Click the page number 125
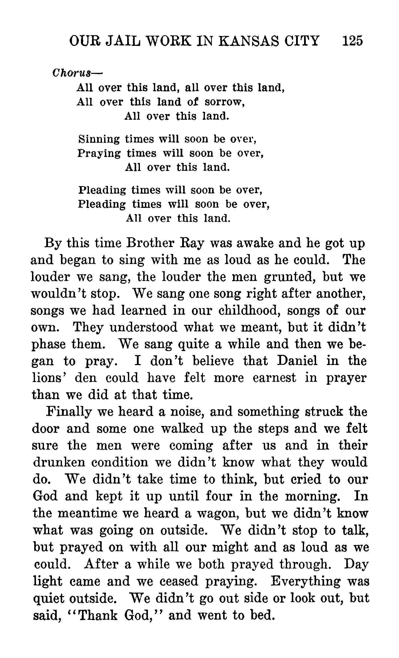pyautogui.click(x=352, y=41)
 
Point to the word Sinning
pyautogui.click(x=99, y=139)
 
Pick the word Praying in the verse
pyautogui.click(x=99, y=153)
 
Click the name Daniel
pyautogui.click(x=297, y=361)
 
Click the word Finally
pyautogui.click(x=68, y=411)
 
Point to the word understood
pyautogui.click(x=144, y=327)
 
